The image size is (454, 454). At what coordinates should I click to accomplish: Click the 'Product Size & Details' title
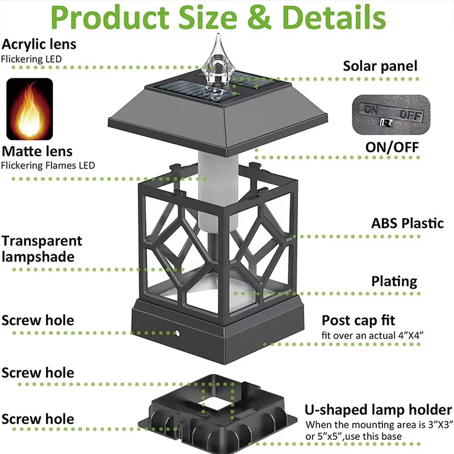(218, 18)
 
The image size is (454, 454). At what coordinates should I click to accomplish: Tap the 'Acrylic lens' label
(39, 45)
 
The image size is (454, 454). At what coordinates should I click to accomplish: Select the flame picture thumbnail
(30, 109)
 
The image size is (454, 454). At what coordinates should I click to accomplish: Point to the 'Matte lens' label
(37, 152)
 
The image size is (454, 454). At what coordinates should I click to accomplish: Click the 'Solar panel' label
(380, 66)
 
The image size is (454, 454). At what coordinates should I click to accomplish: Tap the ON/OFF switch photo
(391, 115)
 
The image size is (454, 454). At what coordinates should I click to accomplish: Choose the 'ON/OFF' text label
(392, 147)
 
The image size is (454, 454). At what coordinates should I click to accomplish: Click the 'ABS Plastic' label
(407, 223)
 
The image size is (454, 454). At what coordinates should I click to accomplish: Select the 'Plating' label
(394, 281)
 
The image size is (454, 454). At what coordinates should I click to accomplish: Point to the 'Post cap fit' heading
(358, 321)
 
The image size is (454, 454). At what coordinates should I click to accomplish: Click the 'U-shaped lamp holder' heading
(378, 410)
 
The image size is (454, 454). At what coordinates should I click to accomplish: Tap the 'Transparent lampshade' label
(41, 249)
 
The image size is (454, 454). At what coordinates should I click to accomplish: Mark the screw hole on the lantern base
(177, 334)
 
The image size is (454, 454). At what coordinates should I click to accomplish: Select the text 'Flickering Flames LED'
(48, 166)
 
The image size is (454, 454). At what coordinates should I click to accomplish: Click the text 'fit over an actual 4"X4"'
(372, 335)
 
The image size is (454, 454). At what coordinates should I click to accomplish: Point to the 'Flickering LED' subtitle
(31, 60)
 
